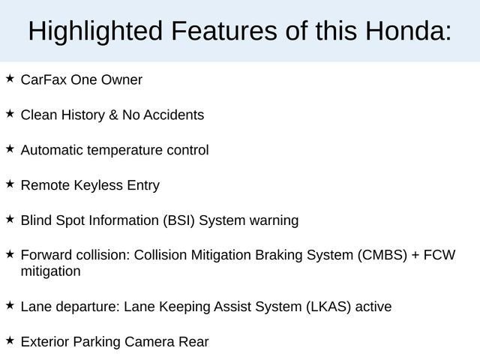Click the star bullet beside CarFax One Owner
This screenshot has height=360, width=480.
10,78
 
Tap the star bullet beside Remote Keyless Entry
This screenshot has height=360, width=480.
10,183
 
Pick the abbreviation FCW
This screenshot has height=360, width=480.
439,255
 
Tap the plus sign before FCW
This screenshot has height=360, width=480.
415,255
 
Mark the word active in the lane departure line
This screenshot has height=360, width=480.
373,307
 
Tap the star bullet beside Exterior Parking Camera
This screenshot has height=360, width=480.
10,340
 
